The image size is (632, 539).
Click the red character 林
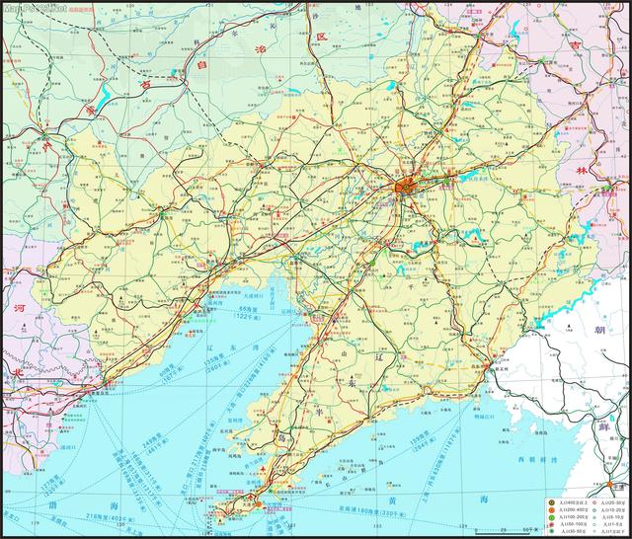click(x=582, y=170)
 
